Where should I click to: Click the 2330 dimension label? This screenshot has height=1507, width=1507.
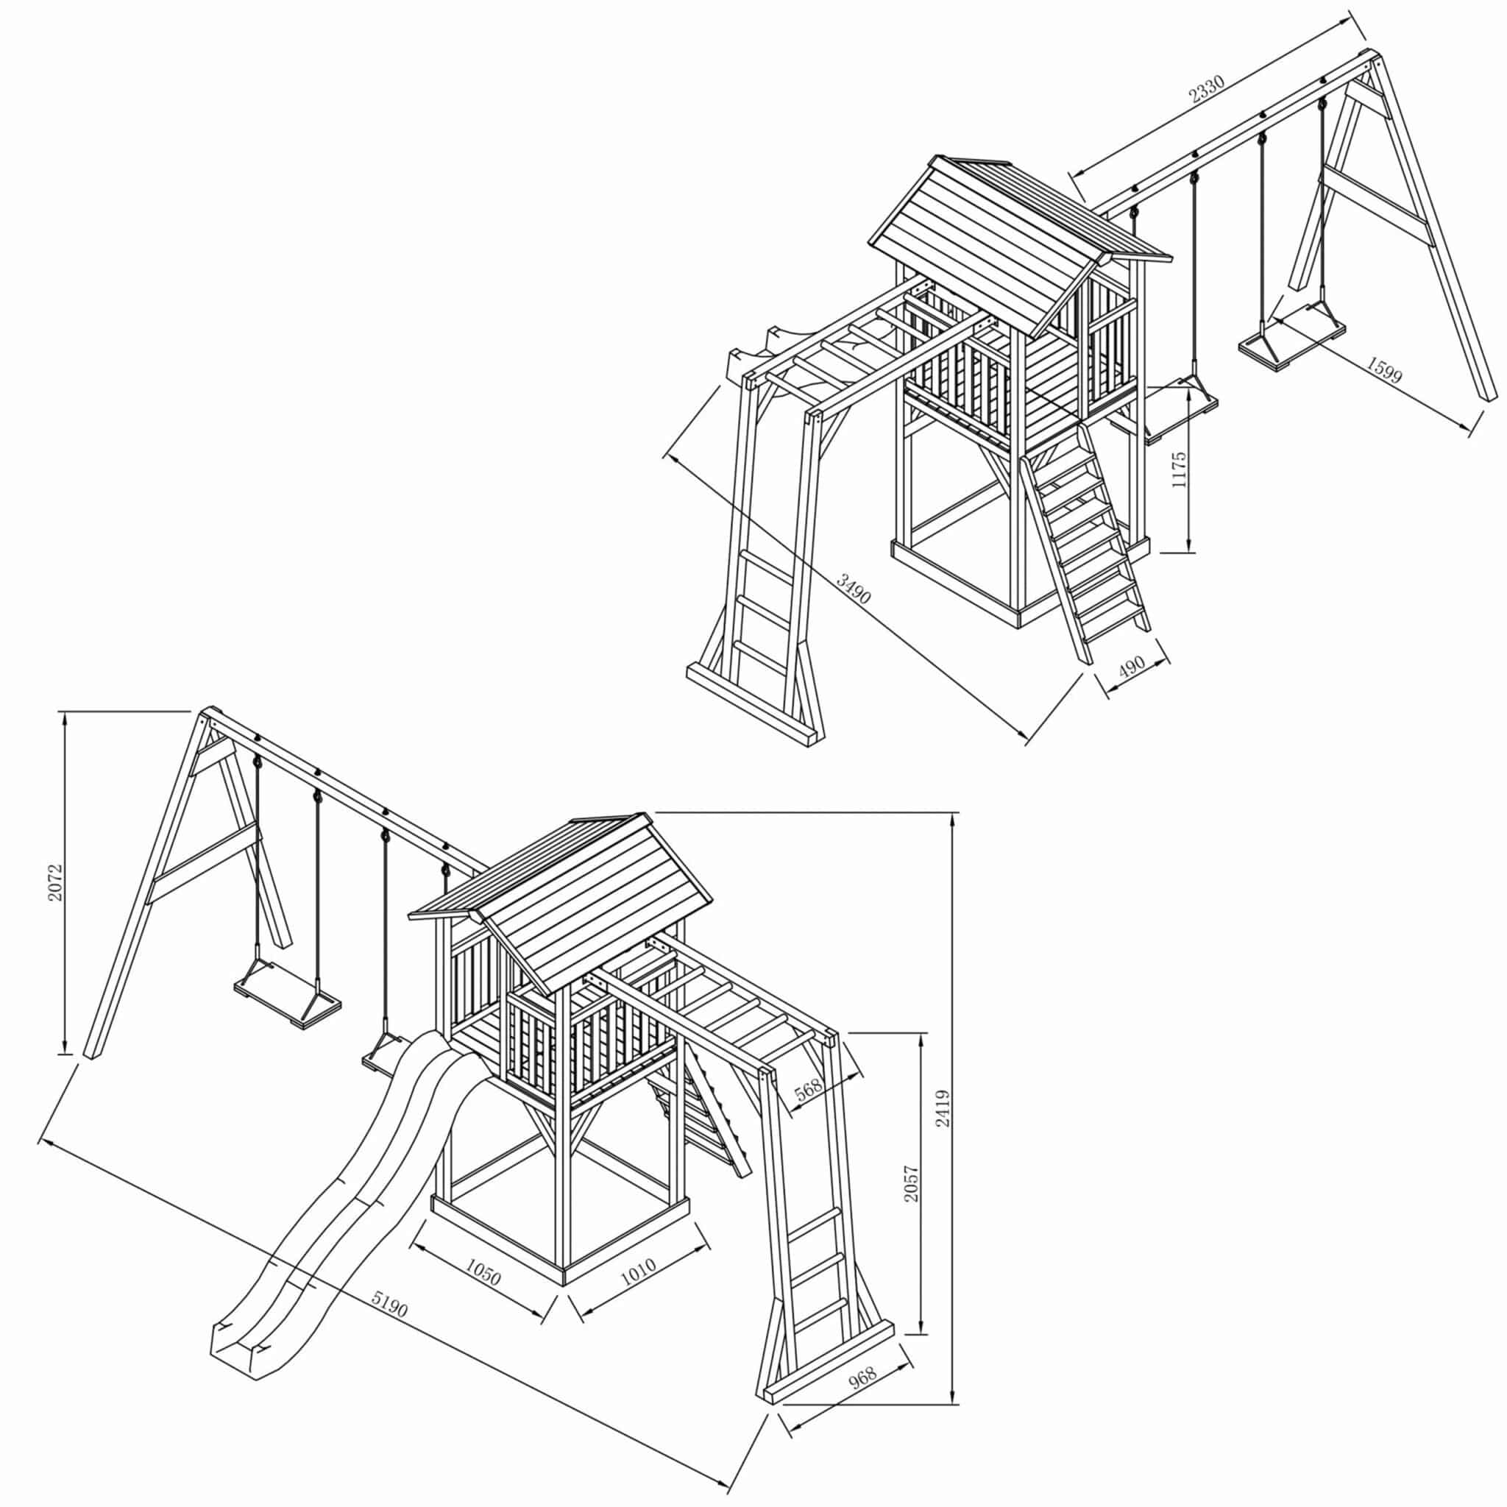pos(1207,89)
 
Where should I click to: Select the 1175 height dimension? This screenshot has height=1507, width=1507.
pos(1179,469)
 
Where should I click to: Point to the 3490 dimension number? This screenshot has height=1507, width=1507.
pos(854,590)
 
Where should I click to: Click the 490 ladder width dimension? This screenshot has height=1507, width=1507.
pos(1131,667)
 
